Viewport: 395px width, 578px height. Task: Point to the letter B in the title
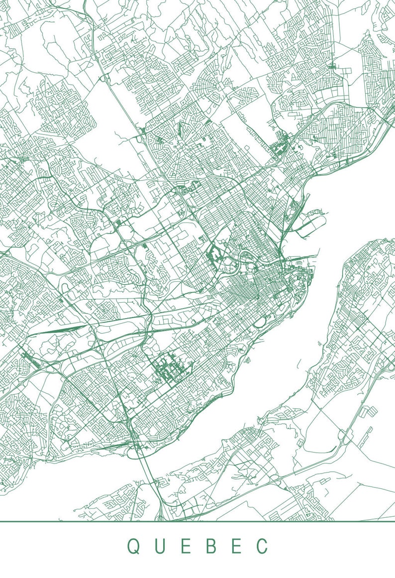pos(211,546)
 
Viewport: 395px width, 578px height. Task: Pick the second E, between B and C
pos(236,546)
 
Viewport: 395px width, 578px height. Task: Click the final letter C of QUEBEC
pos(262,546)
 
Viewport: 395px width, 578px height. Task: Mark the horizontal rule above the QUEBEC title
pos(197,522)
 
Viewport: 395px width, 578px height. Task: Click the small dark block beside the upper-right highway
pos(278,147)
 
